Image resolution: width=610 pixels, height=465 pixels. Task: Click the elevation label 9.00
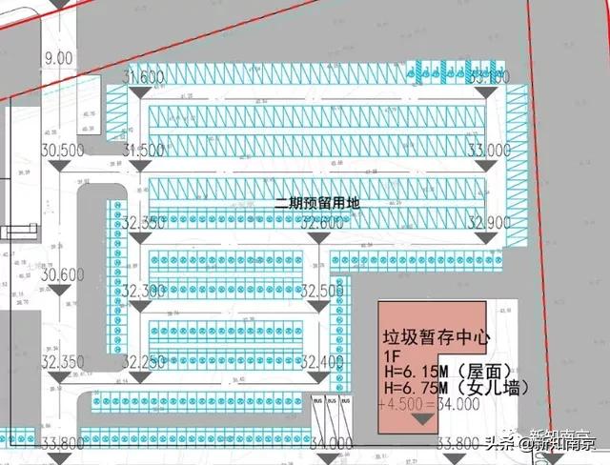tap(57, 58)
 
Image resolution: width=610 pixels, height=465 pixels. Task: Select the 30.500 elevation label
tap(63, 150)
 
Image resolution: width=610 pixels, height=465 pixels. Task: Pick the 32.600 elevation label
tap(322, 221)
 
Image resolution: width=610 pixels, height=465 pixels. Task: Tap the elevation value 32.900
tap(489, 221)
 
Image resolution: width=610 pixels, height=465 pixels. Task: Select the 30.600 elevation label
tap(63, 274)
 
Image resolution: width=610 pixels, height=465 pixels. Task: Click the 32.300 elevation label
tap(143, 290)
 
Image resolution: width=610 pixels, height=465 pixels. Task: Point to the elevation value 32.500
tap(322, 290)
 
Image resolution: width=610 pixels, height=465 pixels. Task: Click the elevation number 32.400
tap(322, 361)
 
